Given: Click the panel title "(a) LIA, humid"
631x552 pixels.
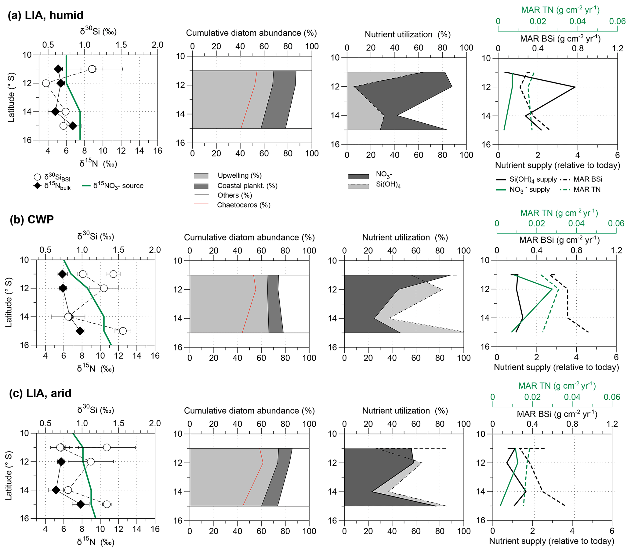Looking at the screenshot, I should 45,15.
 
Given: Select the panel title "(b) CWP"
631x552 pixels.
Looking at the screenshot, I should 32,219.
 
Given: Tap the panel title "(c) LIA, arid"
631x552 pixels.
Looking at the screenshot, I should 40,393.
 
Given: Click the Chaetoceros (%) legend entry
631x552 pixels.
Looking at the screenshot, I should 243,205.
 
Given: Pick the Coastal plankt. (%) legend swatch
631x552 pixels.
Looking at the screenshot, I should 201,186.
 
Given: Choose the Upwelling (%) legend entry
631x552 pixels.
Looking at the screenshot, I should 239,176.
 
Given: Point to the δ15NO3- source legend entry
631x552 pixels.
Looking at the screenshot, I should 118,186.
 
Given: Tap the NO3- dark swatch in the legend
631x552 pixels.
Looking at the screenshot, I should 358,176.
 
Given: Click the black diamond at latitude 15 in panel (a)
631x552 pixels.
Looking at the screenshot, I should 73,126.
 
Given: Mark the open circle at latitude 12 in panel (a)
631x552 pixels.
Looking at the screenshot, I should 46,83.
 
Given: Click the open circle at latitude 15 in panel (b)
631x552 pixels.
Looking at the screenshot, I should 122,331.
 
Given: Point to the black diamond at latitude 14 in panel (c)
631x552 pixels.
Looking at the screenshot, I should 56,490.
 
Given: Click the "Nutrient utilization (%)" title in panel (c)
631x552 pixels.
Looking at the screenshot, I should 405,411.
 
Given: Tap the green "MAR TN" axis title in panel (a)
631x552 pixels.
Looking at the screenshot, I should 560,10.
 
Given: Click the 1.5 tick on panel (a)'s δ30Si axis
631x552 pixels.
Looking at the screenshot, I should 121,45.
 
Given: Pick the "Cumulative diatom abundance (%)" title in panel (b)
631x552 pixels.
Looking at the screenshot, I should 249,238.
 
